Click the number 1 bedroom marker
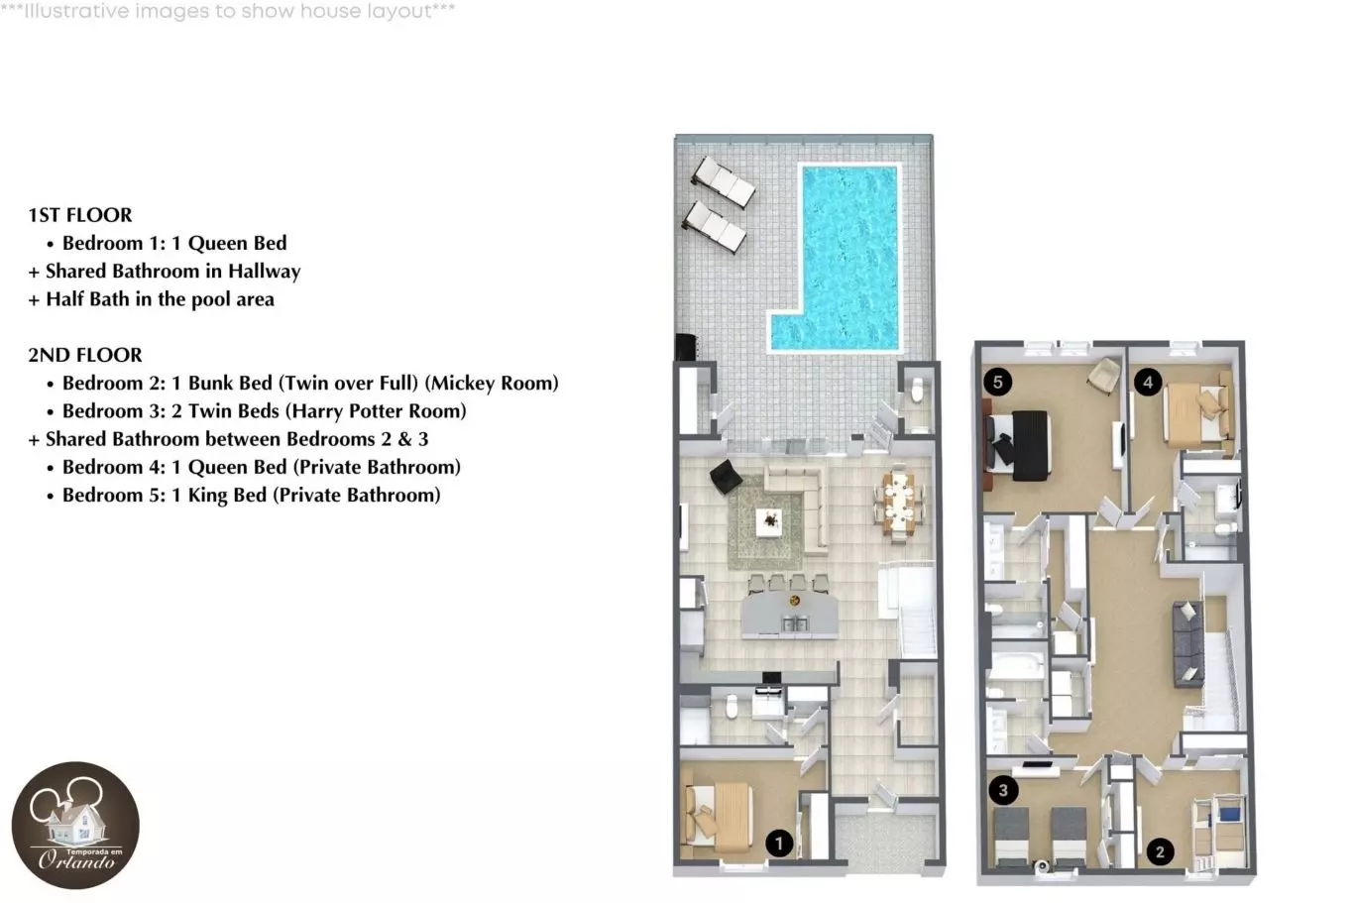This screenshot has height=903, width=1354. (x=779, y=844)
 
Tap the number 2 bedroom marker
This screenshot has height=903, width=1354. (x=1160, y=852)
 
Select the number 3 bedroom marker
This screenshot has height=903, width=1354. (x=1003, y=790)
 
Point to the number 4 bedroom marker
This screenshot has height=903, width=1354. (x=1148, y=382)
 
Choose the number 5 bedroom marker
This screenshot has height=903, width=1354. (x=998, y=382)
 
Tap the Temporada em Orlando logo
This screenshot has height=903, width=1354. (x=75, y=826)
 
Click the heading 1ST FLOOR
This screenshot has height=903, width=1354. (x=79, y=215)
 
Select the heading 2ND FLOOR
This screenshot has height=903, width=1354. (x=85, y=355)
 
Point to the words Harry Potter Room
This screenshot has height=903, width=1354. (x=376, y=411)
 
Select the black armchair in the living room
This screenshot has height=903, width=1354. (x=726, y=477)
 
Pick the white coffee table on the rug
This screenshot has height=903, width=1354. (x=769, y=522)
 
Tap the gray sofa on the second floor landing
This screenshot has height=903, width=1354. (x=1187, y=643)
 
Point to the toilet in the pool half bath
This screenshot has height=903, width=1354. (x=918, y=390)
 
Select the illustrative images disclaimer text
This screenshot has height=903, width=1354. (x=228, y=11)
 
